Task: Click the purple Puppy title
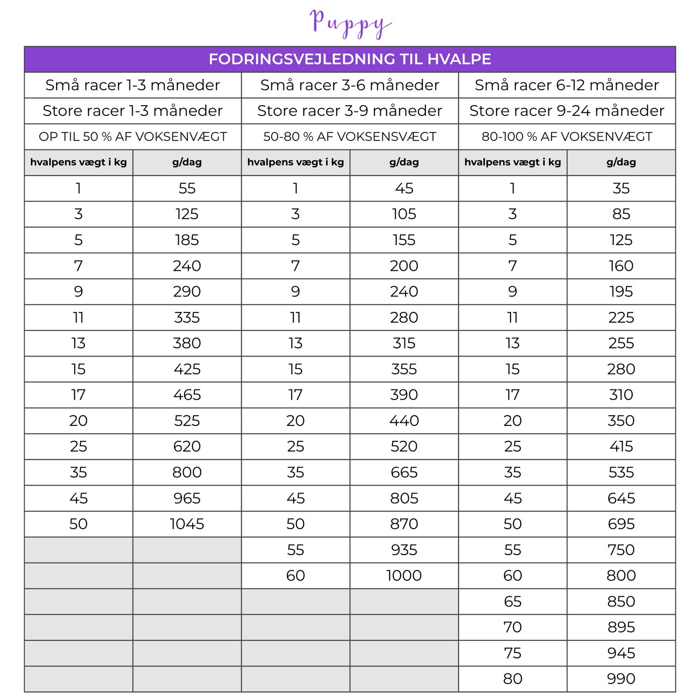click(x=350, y=22)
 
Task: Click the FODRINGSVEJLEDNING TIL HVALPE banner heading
click(x=350, y=59)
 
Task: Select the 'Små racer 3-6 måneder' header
click(x=350, y=85)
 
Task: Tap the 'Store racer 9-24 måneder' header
click(x=567, y=111)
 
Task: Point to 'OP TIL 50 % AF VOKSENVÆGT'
click(x=133, y=137)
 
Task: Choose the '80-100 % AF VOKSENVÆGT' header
click(x=567, y=137)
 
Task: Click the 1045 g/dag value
click(x=187, y=524)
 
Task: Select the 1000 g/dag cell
click(x=404, y=576)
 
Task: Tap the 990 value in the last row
click(x=621, y=679)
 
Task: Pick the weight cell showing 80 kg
click(x=513, y=679)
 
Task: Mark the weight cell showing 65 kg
click(x=513, y=602)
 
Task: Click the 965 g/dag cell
click(x=187, y=498)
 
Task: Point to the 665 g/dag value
click(x=404, y=472)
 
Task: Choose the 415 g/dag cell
click(x=621, y=447)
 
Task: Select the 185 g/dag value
click(x=187, y=240)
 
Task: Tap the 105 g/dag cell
click(x=404, y=214)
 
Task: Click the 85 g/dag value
click(x=621, y=214)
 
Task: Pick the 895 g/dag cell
click(x=621, y=627)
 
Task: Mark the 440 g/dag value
click(x=404, y=421)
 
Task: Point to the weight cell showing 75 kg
click(x=513, y=653)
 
